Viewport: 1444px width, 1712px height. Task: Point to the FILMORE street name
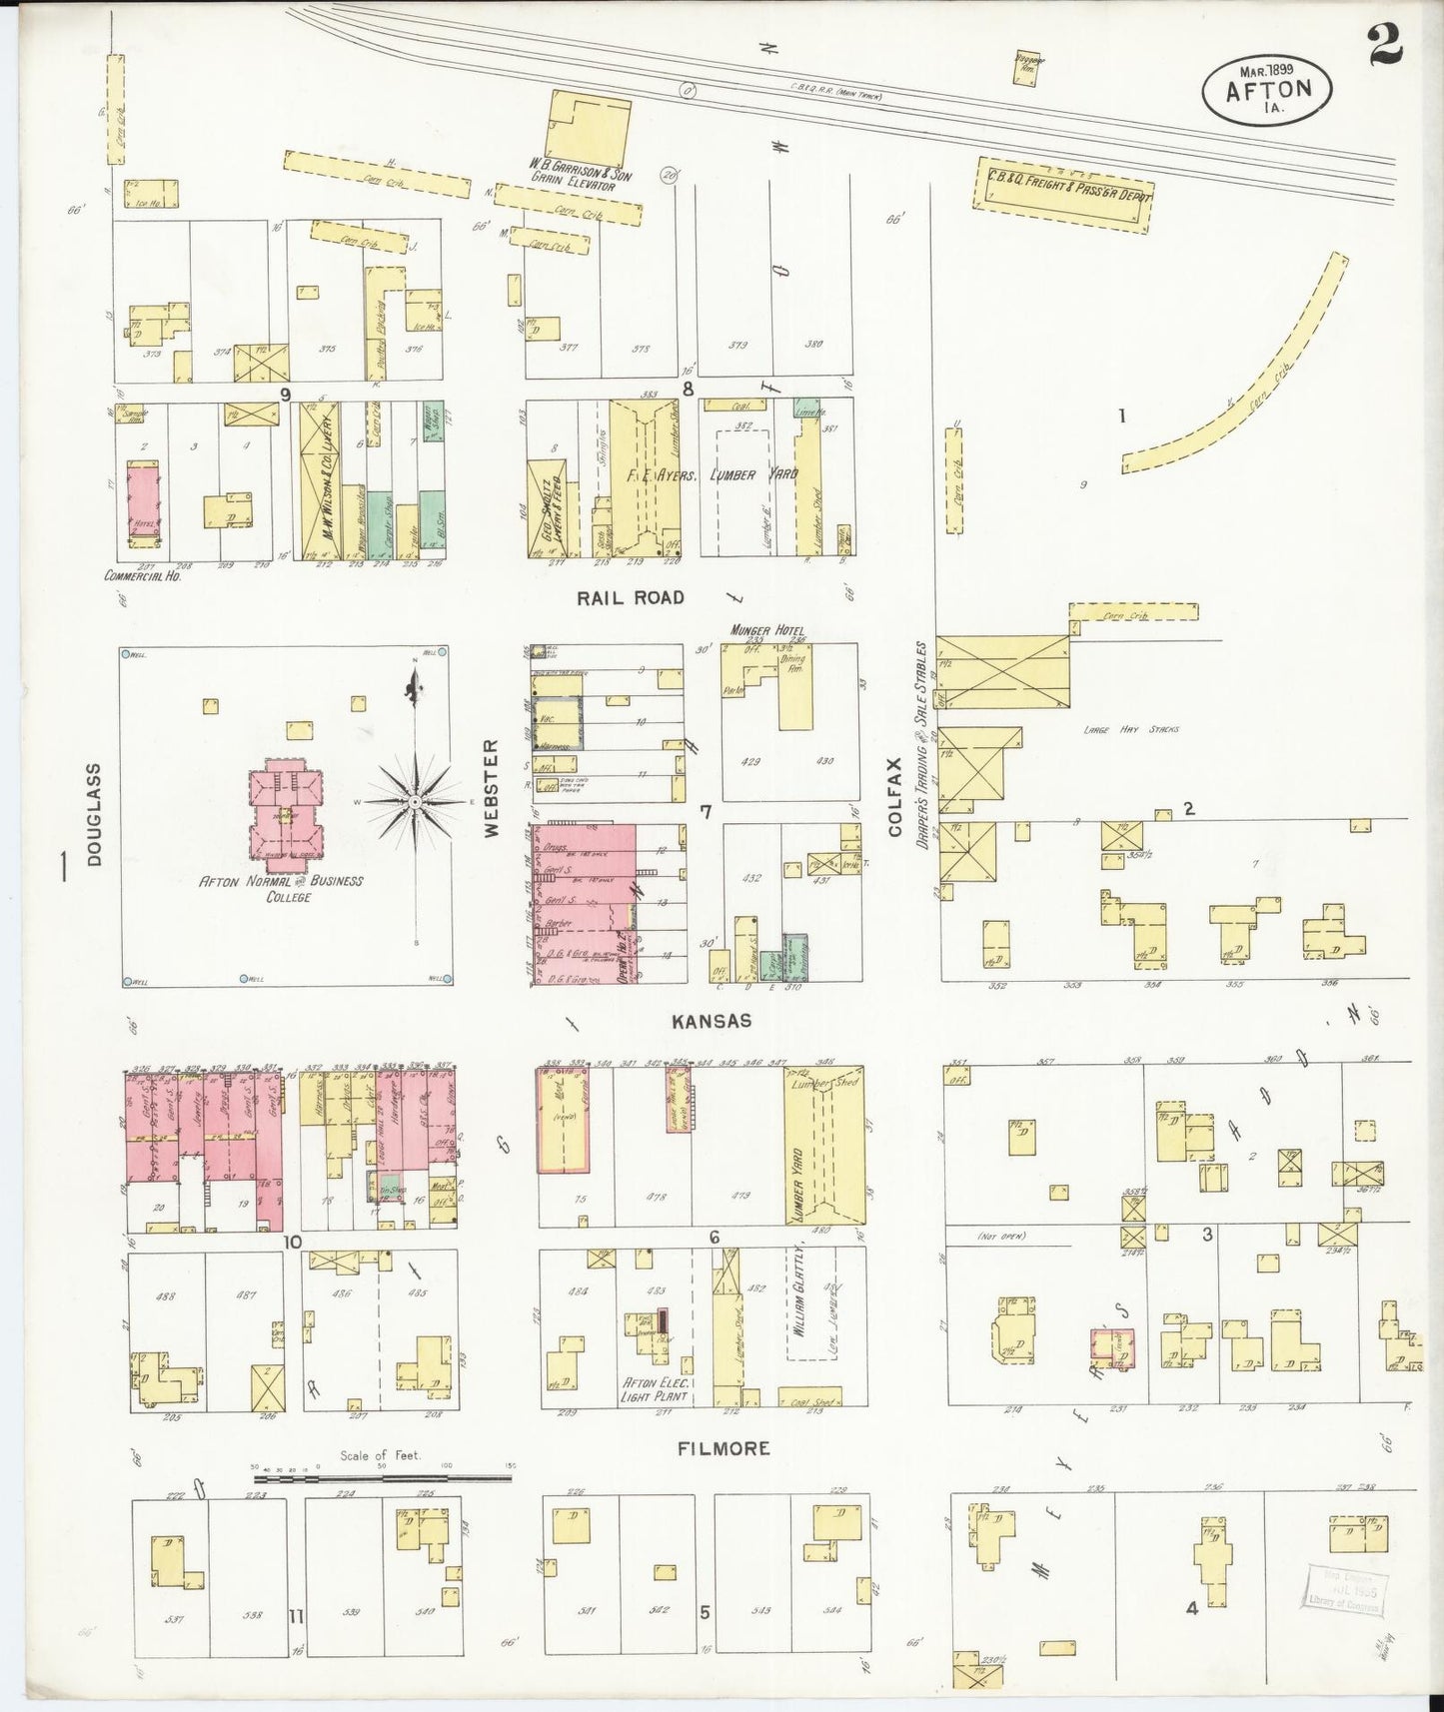coord(724,1448)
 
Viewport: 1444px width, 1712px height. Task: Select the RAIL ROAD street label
coord(630,597)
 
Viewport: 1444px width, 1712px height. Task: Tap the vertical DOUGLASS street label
coord(95,814)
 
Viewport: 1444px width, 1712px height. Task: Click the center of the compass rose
coord(413,802)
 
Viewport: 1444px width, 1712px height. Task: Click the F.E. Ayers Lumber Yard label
coord(712,475)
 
